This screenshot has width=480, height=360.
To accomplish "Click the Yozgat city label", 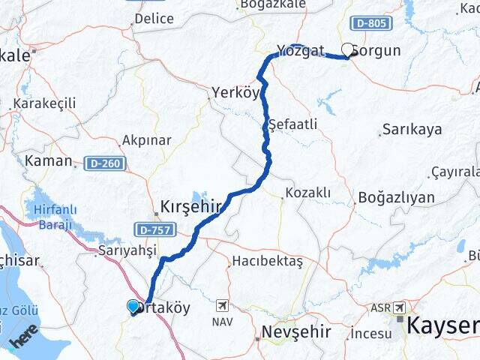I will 300,51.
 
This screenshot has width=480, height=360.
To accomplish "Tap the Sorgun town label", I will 379,52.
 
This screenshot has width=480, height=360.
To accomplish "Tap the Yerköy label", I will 235,92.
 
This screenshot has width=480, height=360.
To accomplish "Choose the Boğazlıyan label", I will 396,198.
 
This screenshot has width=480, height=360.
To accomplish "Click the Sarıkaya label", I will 412,130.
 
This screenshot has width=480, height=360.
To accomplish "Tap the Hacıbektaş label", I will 267,261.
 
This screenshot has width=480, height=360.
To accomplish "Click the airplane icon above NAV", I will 222,305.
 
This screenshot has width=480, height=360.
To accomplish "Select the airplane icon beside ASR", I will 398,307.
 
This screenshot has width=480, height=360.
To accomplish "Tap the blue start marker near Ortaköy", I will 133,306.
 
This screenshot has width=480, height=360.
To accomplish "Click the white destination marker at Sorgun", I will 347,49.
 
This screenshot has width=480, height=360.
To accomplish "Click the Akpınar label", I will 146,140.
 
